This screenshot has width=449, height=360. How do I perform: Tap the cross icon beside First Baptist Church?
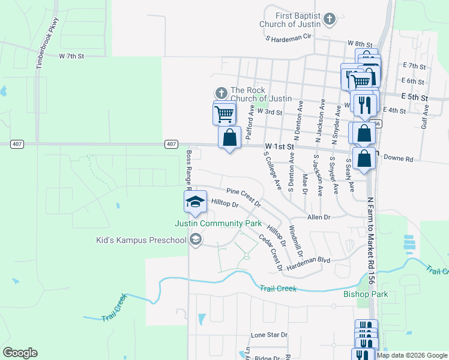pyautogui.click(x=328, y=20)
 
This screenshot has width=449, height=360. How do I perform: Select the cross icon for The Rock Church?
pyautogui.click(x=221, y=93)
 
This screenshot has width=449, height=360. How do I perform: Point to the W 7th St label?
pyautogui.click(x=72, y=55)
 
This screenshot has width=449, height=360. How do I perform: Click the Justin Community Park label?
pyautogui.click(x=218, y=223)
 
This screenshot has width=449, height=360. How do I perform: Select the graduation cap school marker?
pyautogui.click(x=194, y=202)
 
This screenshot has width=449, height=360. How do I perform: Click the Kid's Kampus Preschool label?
pyautogui.click(x=142, y=241)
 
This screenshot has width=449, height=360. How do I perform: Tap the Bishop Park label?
pyautogui.click(x=366, y=294)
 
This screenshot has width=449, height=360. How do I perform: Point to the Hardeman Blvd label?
pyautogui.click(x=309, y=260)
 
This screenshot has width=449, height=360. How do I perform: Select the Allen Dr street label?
pyautogui.click(x=318, y=217)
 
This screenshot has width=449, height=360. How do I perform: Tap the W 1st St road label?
pyautogui.click(x=279, y=146)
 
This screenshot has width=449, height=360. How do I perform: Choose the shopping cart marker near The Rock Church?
pyautogui.click(x=224, y=112)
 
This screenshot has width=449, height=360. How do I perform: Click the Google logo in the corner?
pyautogui.click(x=20, y=353)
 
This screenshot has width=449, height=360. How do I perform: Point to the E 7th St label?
pyautogui.click(x=414, y=65)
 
